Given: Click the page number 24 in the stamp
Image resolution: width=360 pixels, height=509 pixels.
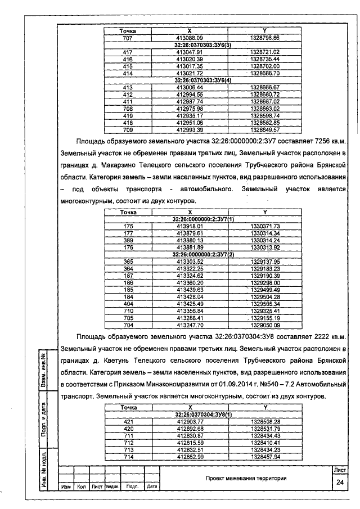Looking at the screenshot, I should click(x=340, y=482).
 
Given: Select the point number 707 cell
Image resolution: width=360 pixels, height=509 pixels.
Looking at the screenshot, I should click(x=127, y=37).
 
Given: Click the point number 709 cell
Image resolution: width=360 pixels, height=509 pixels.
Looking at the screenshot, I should click(x=127, y=129).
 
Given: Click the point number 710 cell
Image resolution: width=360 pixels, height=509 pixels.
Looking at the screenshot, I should click(x=128, y=310).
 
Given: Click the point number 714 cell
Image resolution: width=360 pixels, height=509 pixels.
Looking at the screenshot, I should click(x=128, y=456).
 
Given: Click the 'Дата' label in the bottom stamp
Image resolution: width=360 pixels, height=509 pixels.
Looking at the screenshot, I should click(x=151, y=487).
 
